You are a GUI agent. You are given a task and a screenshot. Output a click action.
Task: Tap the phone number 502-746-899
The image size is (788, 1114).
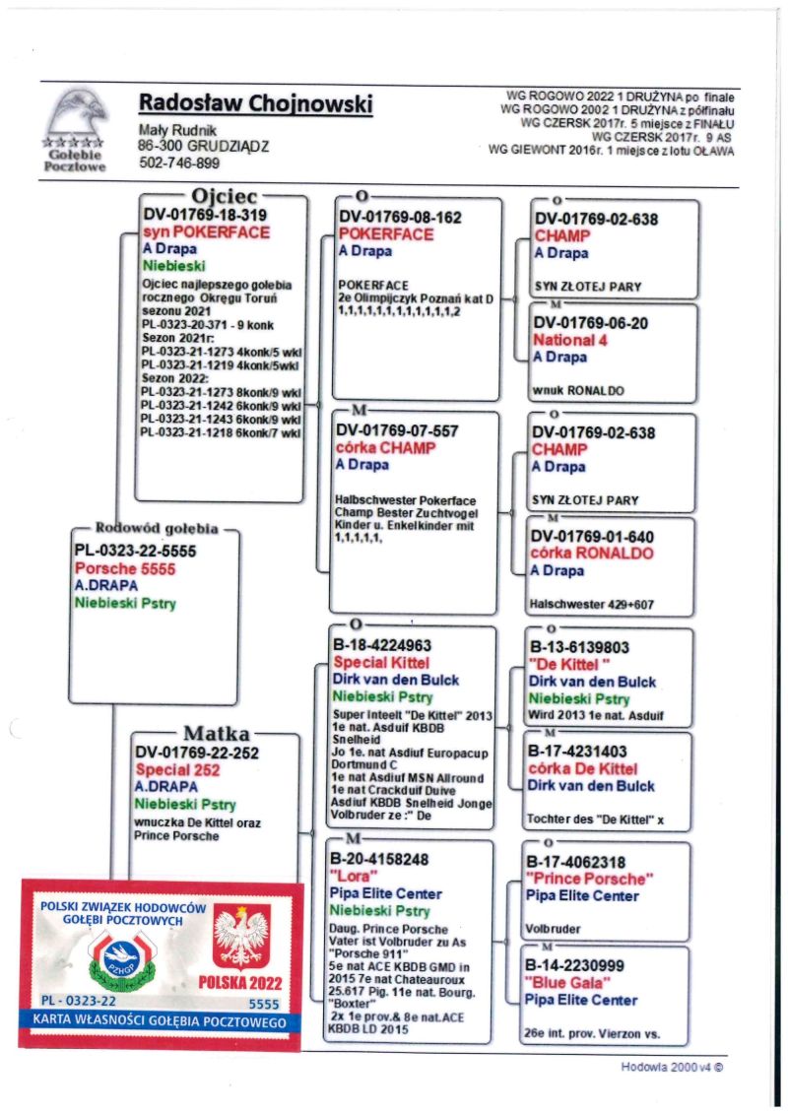point(179,164)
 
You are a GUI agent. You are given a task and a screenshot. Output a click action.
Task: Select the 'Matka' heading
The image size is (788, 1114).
point(216,733)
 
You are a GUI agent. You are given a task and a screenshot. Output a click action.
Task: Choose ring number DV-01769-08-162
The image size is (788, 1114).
point(400,218)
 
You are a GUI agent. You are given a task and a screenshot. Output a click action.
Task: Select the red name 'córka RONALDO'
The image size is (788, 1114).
point(592,553)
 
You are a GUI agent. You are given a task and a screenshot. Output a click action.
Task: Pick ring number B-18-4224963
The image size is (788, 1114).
point(387,646)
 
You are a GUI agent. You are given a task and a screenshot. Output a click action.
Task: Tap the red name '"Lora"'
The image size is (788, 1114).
point(352,877)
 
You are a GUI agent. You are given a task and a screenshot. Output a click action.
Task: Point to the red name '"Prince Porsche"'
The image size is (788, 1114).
point(588,879)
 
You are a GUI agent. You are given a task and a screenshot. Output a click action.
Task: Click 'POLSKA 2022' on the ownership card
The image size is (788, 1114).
point(241,984)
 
